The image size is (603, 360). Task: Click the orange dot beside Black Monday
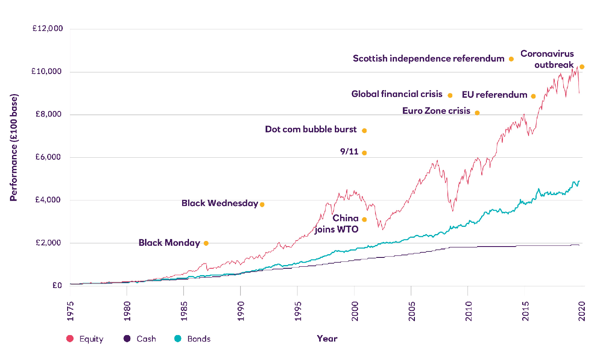[206, 243]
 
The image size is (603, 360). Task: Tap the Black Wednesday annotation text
[219, 204]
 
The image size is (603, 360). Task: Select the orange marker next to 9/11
[364, 153]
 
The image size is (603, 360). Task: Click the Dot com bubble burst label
[311, 130]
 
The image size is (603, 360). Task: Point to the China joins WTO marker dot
[364, 220]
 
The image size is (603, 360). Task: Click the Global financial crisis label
[397, 94]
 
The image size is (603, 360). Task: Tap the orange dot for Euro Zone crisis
[477, 113]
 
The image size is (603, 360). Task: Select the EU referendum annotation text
[494, 95]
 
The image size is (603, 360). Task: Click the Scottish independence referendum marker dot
[511, 59]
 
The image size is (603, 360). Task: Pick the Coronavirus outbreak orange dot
[582, 67]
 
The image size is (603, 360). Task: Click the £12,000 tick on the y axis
[47, 29]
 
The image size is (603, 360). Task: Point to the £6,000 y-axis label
[48, 157]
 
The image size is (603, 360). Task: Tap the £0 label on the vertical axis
[57, 286]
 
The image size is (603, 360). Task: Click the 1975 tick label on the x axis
[70, 311]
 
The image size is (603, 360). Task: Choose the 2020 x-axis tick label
[582, 311]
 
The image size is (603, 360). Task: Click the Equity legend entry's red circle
[70, 339]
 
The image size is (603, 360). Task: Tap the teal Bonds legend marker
[178, 339]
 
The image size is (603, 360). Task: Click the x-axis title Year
[327, 339]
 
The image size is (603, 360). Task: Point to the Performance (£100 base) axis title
[14, 147]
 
